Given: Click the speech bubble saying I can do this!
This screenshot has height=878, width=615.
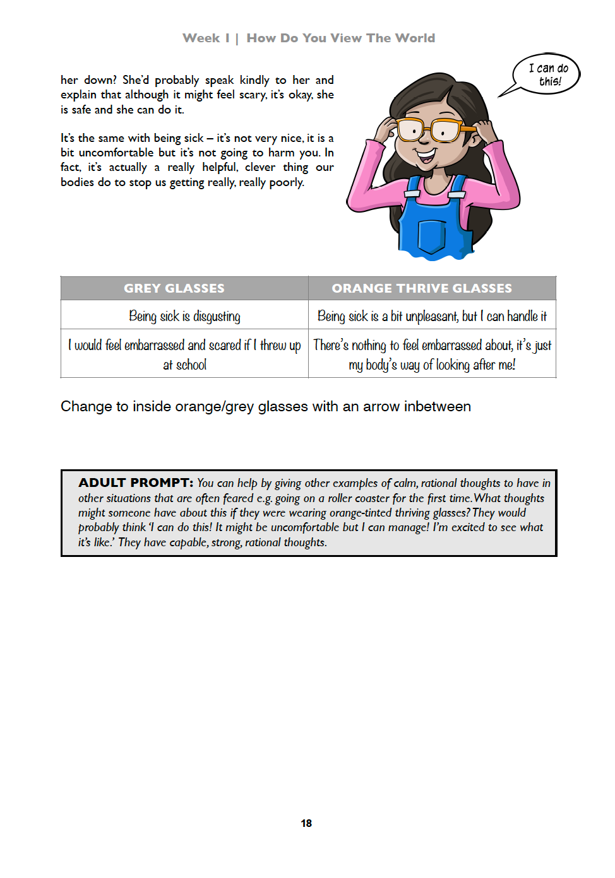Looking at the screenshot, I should tap(547, 74).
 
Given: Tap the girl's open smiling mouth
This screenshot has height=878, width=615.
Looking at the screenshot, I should tap(426, 153).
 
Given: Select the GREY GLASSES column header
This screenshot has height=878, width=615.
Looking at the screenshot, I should tap(174, 288).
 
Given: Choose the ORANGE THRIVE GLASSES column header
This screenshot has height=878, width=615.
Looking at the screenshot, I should tap(422, 288).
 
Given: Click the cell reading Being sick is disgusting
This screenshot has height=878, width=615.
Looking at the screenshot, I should tap(184, 316).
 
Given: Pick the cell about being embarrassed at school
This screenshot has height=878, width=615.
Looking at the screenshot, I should tap(184, 354).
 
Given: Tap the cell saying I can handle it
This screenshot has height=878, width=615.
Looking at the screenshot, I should tap(432, 316).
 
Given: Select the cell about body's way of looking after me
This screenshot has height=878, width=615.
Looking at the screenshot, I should tap(432, 354).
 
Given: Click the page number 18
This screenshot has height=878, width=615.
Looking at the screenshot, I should tap(306, 823).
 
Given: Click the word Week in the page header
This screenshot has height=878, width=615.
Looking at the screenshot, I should tap(201, 38).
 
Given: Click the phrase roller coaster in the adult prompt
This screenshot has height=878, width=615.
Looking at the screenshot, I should tap(358, 498).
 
